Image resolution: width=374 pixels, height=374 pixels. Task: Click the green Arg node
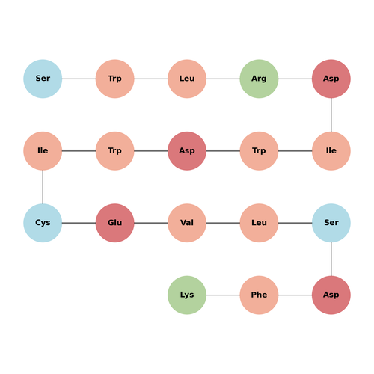(x=259, y=79)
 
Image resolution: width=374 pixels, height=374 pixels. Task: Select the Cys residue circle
(x=43, y=223)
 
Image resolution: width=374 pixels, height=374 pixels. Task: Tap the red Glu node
(x=115, y=223)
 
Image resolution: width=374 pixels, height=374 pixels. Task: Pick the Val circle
(x=187, y=223)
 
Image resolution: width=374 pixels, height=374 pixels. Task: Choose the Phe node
(x=259, y=295)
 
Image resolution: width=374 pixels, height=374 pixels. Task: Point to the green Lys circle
(x=187, y=295)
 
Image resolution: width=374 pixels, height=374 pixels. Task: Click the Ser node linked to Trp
(x=43, y=79)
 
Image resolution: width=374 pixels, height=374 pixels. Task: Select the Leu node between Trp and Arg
(x=187, y=79)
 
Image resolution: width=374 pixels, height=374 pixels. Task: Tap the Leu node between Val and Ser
(x=259, y=223)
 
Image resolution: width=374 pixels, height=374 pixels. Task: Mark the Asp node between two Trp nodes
(x=187, y=151)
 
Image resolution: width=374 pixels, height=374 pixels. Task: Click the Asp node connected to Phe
(x=331, y=295)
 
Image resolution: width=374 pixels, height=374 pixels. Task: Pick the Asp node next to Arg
(x=331, y=79)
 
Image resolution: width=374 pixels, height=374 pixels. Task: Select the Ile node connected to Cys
(x=43, y=151)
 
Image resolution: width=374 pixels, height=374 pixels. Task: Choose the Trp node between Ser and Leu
(x=115, y=79)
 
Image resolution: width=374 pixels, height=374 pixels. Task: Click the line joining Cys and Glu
(x=79, y=223)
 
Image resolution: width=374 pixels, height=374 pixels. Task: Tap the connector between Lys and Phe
(x=223, y=295)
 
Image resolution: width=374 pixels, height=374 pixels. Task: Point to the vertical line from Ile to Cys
(x=43, y=187)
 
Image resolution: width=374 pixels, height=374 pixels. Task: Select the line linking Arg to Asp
(x=295, y=79)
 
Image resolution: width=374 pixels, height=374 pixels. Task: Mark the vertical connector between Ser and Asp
(x=331, y=259)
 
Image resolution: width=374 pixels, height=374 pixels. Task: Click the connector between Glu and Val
(x=151, y=223)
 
